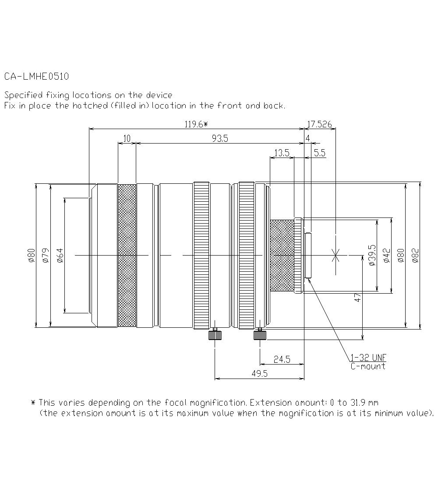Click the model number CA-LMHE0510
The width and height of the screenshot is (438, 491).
click(x=36, y=77)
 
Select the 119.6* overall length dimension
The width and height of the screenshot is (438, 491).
click(x=195, y=124)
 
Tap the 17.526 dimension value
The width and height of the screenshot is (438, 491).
click(x=319, y=124)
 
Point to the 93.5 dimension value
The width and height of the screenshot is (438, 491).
click(x=220, y=139)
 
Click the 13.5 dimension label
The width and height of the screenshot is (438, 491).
click(x=281, y=153)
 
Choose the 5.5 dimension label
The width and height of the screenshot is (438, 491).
click(x=320, y=153)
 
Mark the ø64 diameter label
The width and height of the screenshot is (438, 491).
click(x=60, y=255)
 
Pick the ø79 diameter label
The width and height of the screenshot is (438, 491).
click(x=46, y=255)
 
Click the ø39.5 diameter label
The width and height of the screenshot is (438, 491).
click(x=372, y=255)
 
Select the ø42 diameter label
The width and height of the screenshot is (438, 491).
click(x=386, y=255)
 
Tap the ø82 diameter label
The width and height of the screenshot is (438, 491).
click(x=416, y=255)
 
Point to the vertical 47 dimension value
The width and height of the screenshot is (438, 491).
click(x=358, y=298)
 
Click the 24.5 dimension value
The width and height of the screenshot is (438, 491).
click(x=282, y=360)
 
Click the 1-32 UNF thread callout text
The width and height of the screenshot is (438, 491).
click(x=368, y=358)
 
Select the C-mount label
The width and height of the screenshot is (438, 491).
click(x=368, y=366)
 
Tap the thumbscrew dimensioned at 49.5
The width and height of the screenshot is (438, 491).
click(x=215, y=335)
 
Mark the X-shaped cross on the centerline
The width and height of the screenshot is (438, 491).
click(x=336, y=255)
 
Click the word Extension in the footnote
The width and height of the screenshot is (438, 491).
click(x=267, y=403)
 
